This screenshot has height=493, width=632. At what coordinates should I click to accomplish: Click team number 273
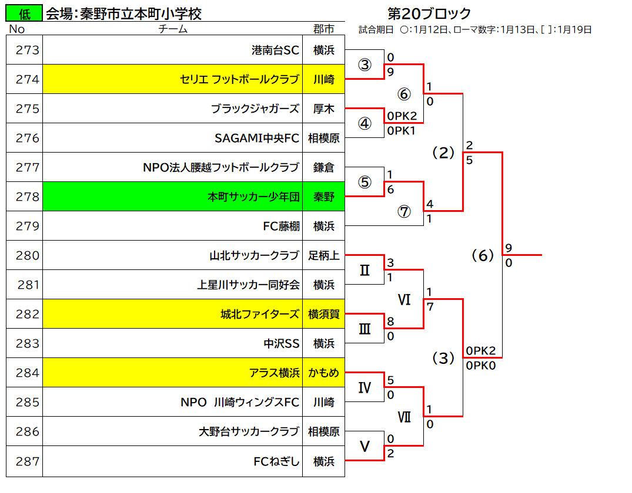click(28, 50)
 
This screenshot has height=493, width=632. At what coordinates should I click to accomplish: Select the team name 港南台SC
click(275, 50)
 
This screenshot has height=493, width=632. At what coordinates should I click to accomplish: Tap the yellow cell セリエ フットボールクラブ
click(172, 79)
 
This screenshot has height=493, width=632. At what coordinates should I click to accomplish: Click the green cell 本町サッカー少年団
click(172, 197)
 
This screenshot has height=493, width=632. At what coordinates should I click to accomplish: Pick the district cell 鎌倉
click(324, 167)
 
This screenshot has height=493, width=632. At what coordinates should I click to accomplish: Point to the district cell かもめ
click(324, 373)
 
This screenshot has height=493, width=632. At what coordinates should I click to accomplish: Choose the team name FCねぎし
click(276, 461)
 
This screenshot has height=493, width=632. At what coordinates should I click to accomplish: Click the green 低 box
click(24, 13)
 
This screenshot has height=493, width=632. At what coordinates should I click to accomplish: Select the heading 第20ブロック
click(429, 13)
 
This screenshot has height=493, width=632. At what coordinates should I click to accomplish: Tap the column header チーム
click(172, 29)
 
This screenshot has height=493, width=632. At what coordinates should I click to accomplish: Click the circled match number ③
click(365, 65)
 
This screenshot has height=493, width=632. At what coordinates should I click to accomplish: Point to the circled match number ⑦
click(404, 211)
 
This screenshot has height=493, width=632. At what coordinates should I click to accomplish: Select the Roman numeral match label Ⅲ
click(365, 329)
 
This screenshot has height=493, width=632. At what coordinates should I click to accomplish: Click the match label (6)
click(483, 255)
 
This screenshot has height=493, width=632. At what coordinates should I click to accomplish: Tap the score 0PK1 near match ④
click(401, 131)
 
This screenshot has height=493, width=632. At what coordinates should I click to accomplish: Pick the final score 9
click(509, 248)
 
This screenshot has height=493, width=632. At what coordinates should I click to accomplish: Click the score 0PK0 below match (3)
click(481, 366)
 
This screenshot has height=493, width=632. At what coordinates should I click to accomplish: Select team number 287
click(28, 461)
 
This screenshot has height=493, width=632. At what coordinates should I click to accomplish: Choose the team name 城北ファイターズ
click(260, 314)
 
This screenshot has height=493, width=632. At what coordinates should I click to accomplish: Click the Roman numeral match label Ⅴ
click(365, 446)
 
